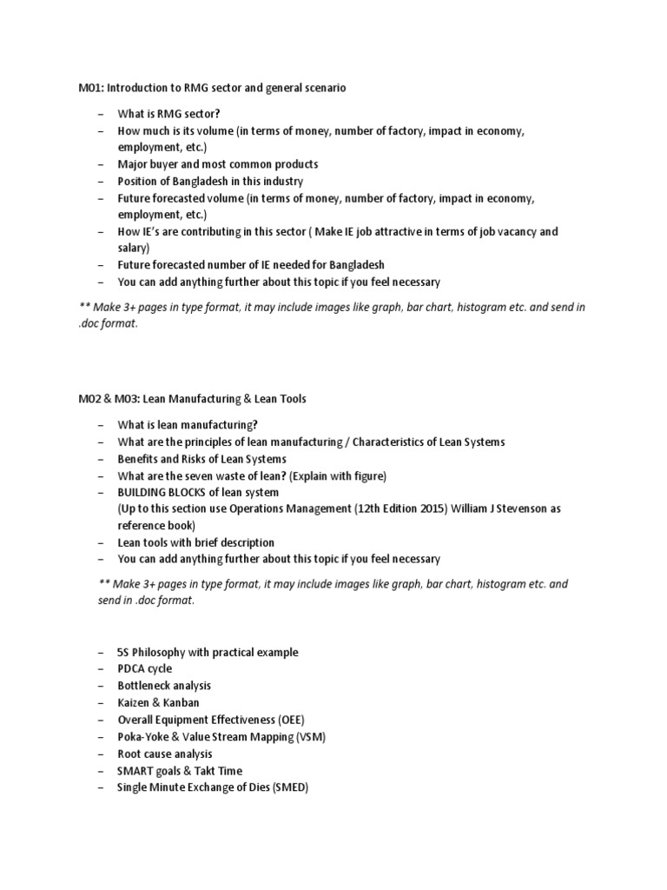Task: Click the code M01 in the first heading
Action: pyautogui.click(x=90, y=88)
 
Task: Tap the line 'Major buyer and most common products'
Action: pyautogui.click(x=218, y=164)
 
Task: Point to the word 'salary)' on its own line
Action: pyautogui.click(x=135, y=248)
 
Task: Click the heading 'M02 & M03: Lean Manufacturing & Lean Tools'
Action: pyautogui.click(x=192, y=399)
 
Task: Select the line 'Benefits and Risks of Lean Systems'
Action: pyautogui.click(x=202, y=458)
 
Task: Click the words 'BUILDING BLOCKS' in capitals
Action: pyautogui.click(x=162, y=492)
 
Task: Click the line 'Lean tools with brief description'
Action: pyautogui.click(x=196, y=542)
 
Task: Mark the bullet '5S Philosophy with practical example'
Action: pyautogui.click(x=208, y=652)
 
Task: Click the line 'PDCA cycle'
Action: pyautogui.click(x=145, y=668)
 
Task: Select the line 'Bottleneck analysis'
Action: pyautogui.click(x=164, y=686)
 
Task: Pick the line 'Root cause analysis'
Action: pyautogui.click(x=165, y=754)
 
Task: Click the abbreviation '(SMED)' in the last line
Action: pyautogui.click(x=290, y=787)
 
